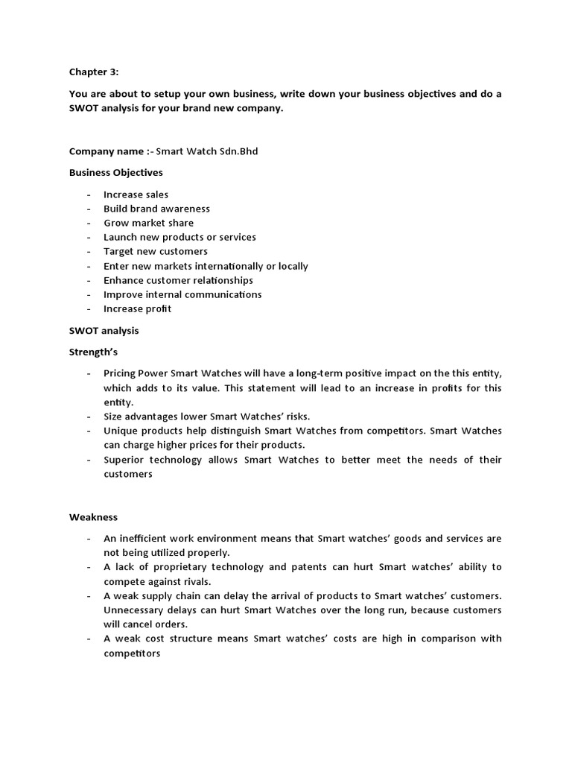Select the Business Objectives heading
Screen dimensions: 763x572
tap(115, 172)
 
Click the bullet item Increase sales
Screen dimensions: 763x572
tap(136, 194)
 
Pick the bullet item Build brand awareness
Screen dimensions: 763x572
tap(156, 209)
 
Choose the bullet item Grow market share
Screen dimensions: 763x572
tap(148, 223)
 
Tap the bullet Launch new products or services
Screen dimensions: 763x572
tap(179, 237)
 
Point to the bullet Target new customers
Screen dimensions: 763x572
tap(155, 251)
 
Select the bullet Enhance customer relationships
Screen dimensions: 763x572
tap(178, 280)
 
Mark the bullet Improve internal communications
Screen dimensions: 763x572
tap(182, 294)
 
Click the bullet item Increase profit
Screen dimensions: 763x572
tap(137, 308)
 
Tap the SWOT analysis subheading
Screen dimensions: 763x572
tap(104, 330)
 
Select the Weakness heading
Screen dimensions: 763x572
tap(93, 516)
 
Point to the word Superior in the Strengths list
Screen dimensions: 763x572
tap(126, 460)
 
